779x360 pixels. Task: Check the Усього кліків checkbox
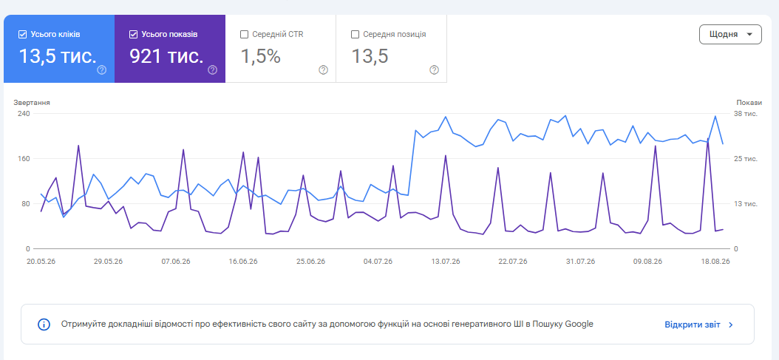22,34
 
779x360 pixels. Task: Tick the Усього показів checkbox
132,34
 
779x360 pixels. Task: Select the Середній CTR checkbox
244,34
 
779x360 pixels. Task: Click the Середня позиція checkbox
355,34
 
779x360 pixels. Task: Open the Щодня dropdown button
729,34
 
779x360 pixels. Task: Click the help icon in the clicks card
102,69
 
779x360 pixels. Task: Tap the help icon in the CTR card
324,69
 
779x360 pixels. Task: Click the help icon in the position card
434,69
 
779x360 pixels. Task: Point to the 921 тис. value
166,56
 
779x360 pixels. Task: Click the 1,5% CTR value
260,56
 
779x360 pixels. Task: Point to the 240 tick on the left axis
24,113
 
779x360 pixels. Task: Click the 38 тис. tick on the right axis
746,113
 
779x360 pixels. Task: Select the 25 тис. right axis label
746,159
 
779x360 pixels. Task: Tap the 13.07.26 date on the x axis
446,262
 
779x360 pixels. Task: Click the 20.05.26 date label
41,262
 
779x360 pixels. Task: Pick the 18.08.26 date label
715,262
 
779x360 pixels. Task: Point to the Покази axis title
749,103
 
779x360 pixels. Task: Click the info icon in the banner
44,325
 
